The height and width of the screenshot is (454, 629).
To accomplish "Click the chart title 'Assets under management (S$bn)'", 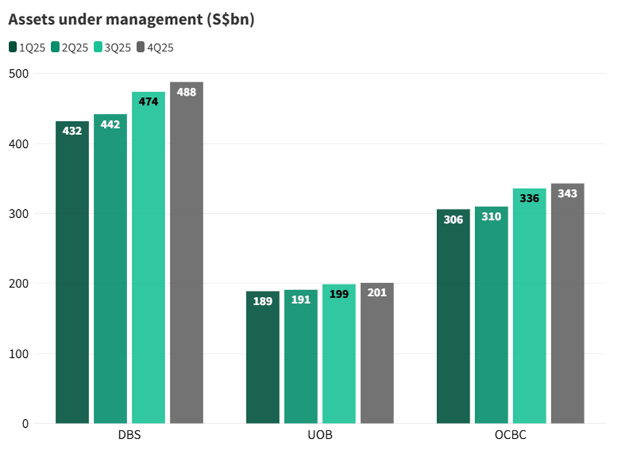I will tap(131, 20).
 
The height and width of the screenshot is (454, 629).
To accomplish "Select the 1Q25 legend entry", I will tap(27, 47).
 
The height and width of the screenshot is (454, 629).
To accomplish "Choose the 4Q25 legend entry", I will tap(155, 47).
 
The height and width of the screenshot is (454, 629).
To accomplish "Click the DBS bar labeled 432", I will tap(72, 274).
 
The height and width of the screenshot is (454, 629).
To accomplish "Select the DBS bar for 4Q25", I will tap(187, 254).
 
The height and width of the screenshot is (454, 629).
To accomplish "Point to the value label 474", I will tap(149, 102).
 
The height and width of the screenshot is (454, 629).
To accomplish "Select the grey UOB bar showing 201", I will tap(377, 354).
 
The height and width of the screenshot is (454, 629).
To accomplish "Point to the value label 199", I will tap(339, 294).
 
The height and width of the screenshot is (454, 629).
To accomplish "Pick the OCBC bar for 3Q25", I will tap(529, 308).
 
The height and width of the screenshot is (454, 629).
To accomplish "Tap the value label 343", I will tap(567, 193).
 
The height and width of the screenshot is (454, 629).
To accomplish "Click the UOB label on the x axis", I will tap(320, 435).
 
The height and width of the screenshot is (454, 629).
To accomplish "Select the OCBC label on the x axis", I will tap(511, 435).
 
